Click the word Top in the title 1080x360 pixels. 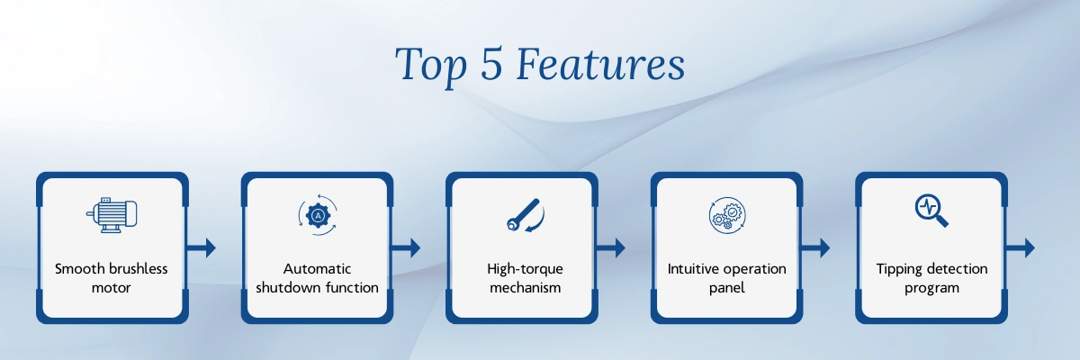(431, 66)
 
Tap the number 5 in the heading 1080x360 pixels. (491, 64)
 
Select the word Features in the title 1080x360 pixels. (601, 64)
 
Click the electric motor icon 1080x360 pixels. (112, 215)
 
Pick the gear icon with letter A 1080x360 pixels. (317, 215)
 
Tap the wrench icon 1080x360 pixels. (525, 215)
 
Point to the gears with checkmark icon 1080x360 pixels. (727, 215)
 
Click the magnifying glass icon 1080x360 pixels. (931, 211)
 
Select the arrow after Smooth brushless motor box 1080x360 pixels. (201, 247)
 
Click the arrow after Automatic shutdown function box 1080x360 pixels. (406, 247)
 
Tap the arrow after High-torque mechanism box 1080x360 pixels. (611, 247)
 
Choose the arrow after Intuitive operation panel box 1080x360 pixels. (815, 247)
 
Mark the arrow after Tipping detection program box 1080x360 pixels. (1021, 247)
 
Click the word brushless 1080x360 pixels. (139, 268)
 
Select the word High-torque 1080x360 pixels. (525, 269)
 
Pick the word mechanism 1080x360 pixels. (525, 288)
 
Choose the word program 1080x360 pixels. (931, 289)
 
